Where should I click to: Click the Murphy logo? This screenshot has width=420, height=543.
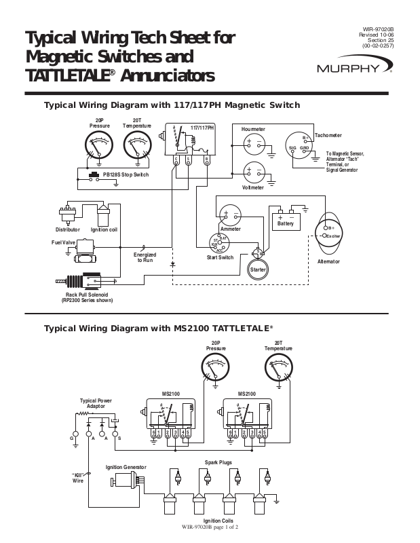click(353, 68)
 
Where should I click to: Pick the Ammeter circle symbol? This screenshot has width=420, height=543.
click(229, 216)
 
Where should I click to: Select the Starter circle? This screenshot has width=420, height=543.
click(258, 268)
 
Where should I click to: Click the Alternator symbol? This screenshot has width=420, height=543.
click(329, 233)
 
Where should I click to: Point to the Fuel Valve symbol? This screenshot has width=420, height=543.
click(85, 249)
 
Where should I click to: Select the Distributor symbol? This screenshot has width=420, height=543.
click(67, 216)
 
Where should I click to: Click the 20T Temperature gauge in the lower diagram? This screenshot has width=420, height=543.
click(278, 371)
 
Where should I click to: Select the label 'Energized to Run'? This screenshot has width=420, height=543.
click(145, 257)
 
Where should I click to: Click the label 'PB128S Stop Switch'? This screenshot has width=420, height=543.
click(126, 175)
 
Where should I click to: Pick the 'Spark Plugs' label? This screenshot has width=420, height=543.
click(218, 462)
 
